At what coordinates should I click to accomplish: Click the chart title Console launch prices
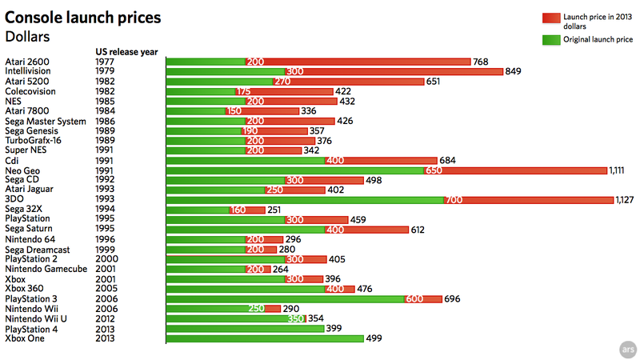[83, 18]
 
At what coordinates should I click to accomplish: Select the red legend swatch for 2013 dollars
[551, 18]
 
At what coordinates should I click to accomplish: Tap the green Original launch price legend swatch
[551, 39]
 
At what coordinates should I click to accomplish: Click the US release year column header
[126, 52]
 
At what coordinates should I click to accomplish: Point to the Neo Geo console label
[22, 170]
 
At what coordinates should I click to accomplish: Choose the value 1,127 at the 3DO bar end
[625, 199]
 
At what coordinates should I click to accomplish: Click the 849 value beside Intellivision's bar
[513, 71]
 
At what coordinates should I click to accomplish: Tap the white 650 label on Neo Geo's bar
[434, 170]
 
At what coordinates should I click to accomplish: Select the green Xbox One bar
[265, 338]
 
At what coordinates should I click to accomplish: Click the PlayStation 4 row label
[31, 329]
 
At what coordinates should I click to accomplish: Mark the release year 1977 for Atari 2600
[105, 62]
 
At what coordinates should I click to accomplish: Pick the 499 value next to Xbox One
[374, 338]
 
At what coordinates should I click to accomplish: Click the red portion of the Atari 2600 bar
[358, 62]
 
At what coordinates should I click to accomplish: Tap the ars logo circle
[628, 350]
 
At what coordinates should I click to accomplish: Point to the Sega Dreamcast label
[37, 250]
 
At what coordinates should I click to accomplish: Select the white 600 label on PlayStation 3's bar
[414, 298]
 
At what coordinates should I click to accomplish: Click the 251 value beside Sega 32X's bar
[274, 210]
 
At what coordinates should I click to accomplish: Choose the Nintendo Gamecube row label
[46, 269]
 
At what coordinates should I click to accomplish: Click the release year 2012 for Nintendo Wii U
[105, 318]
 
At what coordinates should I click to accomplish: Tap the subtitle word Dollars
[27, 37]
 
